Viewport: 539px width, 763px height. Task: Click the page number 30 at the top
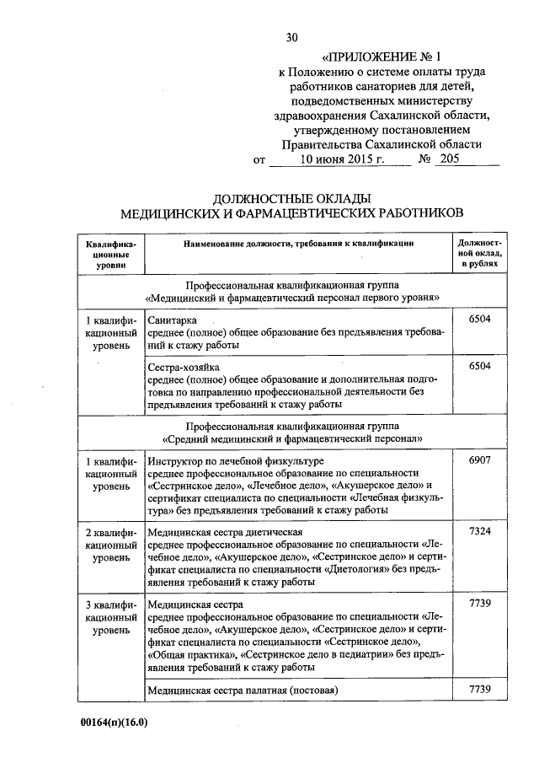tap(292, 36)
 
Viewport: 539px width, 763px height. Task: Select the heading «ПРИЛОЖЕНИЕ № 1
tap(387, 57)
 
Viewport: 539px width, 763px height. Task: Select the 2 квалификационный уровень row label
tap(111, 545)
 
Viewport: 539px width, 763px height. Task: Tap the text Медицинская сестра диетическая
tap(225, 534)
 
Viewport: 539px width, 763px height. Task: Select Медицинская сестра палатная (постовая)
tap(242, 690)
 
